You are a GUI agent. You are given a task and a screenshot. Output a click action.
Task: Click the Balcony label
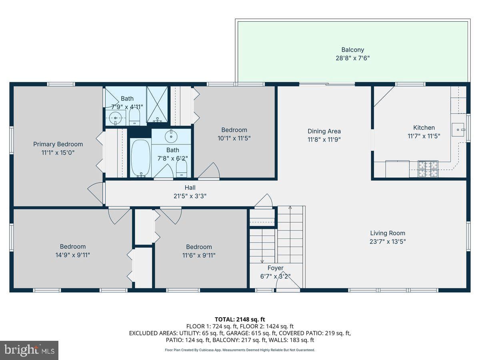click(352, 50)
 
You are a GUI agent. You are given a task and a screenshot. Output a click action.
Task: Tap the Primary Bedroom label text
click(58, 144)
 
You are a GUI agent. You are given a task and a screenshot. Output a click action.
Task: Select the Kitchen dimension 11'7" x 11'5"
click(424, 136)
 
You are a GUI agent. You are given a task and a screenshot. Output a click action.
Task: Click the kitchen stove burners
click(428, 169)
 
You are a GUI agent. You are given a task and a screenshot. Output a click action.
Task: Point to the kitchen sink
click(458, 130)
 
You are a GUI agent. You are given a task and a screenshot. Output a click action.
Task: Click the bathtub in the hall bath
click(141, 158)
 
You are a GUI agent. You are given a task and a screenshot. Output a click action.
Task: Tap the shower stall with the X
click(157, 104)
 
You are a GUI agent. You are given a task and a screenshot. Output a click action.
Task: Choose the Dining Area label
click(324, 131)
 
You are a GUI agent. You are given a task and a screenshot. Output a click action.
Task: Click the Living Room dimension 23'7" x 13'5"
click(388, 242)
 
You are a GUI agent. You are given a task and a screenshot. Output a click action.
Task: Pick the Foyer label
click(275, 268)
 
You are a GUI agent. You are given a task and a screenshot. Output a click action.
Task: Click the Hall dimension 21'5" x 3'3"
click(190, 196)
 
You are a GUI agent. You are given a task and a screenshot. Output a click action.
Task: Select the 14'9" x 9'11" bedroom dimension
click(73, 255)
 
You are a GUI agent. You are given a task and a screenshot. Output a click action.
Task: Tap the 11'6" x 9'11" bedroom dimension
click(199, 255)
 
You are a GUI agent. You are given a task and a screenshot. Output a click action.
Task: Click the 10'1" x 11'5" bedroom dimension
click(234, 138)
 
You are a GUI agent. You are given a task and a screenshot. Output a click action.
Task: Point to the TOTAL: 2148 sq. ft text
click(240, 320)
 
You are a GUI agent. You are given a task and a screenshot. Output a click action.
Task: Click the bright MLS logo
click(29, 350)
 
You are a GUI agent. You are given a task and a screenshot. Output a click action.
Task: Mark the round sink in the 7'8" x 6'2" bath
click(171, 136)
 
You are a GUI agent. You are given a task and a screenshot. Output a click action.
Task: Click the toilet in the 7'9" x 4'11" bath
click(134, 116)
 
